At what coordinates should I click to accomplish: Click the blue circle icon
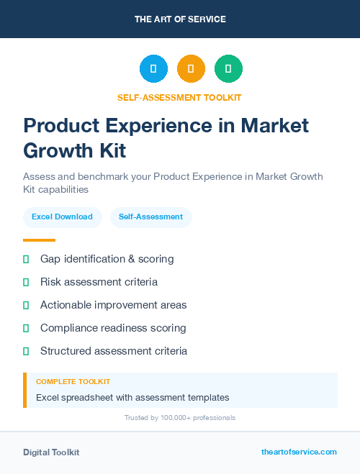tap(153, 69)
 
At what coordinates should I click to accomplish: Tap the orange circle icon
tap(191, 69)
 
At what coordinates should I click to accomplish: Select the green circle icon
tap(228, 69)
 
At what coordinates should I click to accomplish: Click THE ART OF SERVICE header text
tap(180, 19)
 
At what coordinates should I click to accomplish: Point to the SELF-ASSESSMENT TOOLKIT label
tap(179, 97)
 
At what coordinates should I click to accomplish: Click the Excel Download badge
tap(62, 217)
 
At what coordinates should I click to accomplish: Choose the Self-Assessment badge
tap(150, 217)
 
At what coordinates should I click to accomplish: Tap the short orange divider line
tap(39, 240)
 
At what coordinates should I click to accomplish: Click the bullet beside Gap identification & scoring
tap(26, 259)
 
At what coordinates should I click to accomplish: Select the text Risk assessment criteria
tap(99, 282)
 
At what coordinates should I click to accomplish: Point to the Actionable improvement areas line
tap(113, 305)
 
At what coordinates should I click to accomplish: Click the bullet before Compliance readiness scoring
tap(26, 328)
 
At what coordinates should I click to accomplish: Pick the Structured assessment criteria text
tap(114, 351)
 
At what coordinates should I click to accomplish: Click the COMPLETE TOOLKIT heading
tap(73, 382)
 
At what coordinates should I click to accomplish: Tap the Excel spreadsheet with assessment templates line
tap(132, 397)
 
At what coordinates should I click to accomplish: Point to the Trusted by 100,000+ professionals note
tap(179, 418)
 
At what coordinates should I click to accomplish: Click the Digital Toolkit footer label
tap(51, 452)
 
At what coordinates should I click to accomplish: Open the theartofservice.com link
tap(299, 452)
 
